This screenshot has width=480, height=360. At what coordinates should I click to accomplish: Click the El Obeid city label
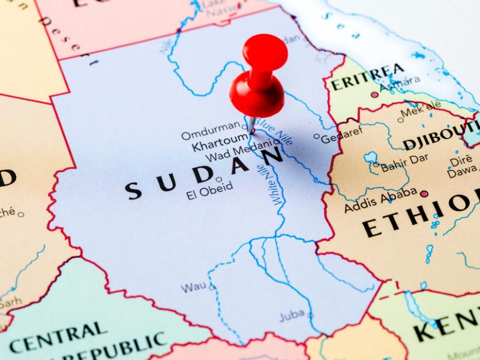[209, 193]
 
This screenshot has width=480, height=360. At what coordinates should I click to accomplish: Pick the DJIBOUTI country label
[441, 136]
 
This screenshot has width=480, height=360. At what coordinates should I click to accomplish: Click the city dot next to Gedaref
[317, 136]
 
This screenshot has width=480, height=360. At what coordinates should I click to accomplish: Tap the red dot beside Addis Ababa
[424, 194]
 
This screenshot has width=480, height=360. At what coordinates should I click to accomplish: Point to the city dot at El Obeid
[219, 179]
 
